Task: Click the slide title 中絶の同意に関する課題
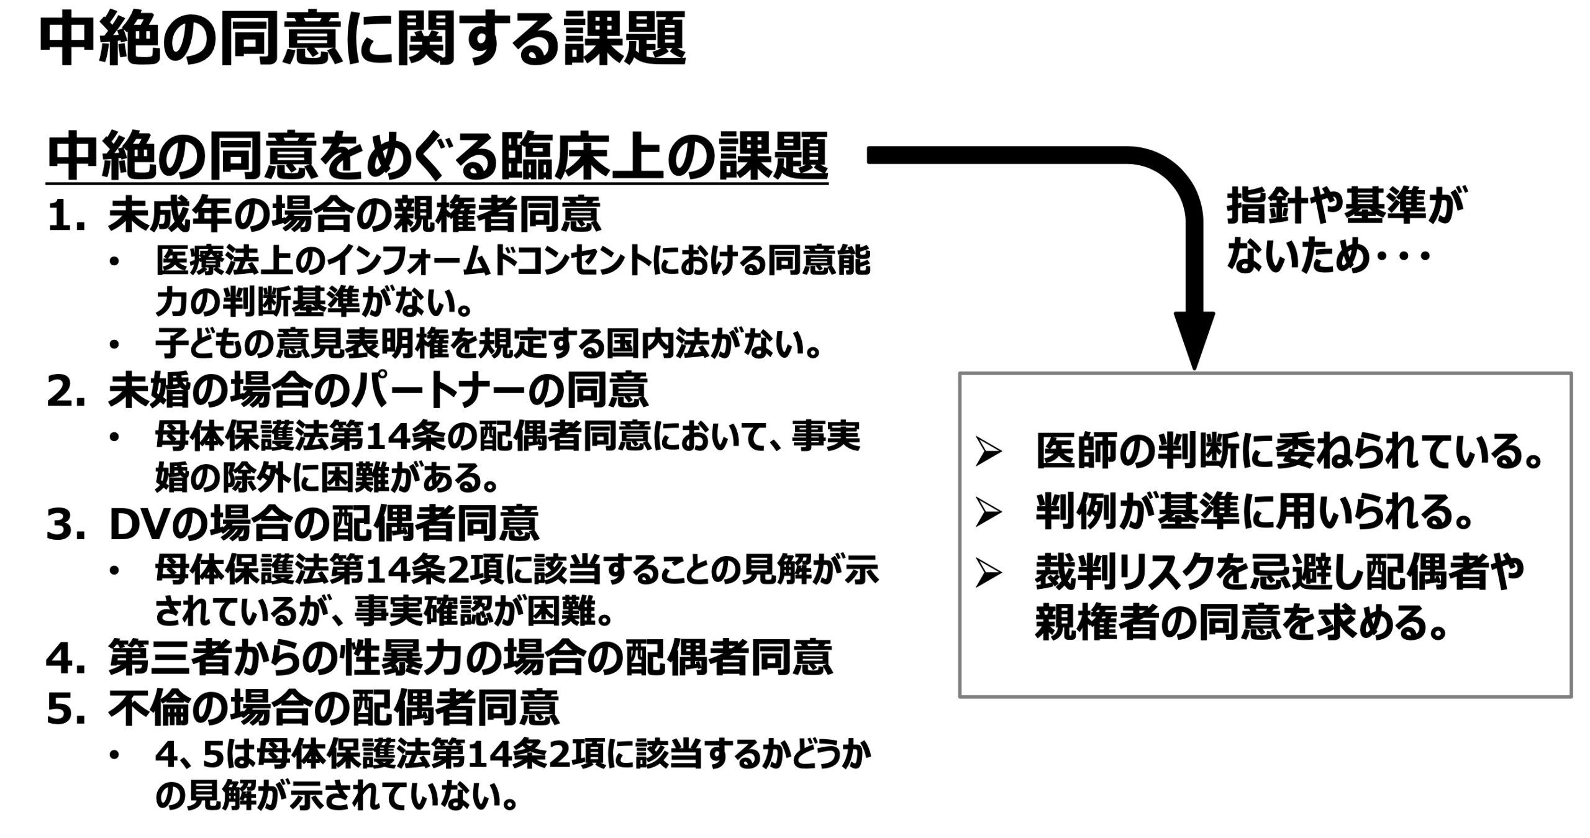click(x=363, y=39)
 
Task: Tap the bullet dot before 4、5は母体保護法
click(x=115, y=756)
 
